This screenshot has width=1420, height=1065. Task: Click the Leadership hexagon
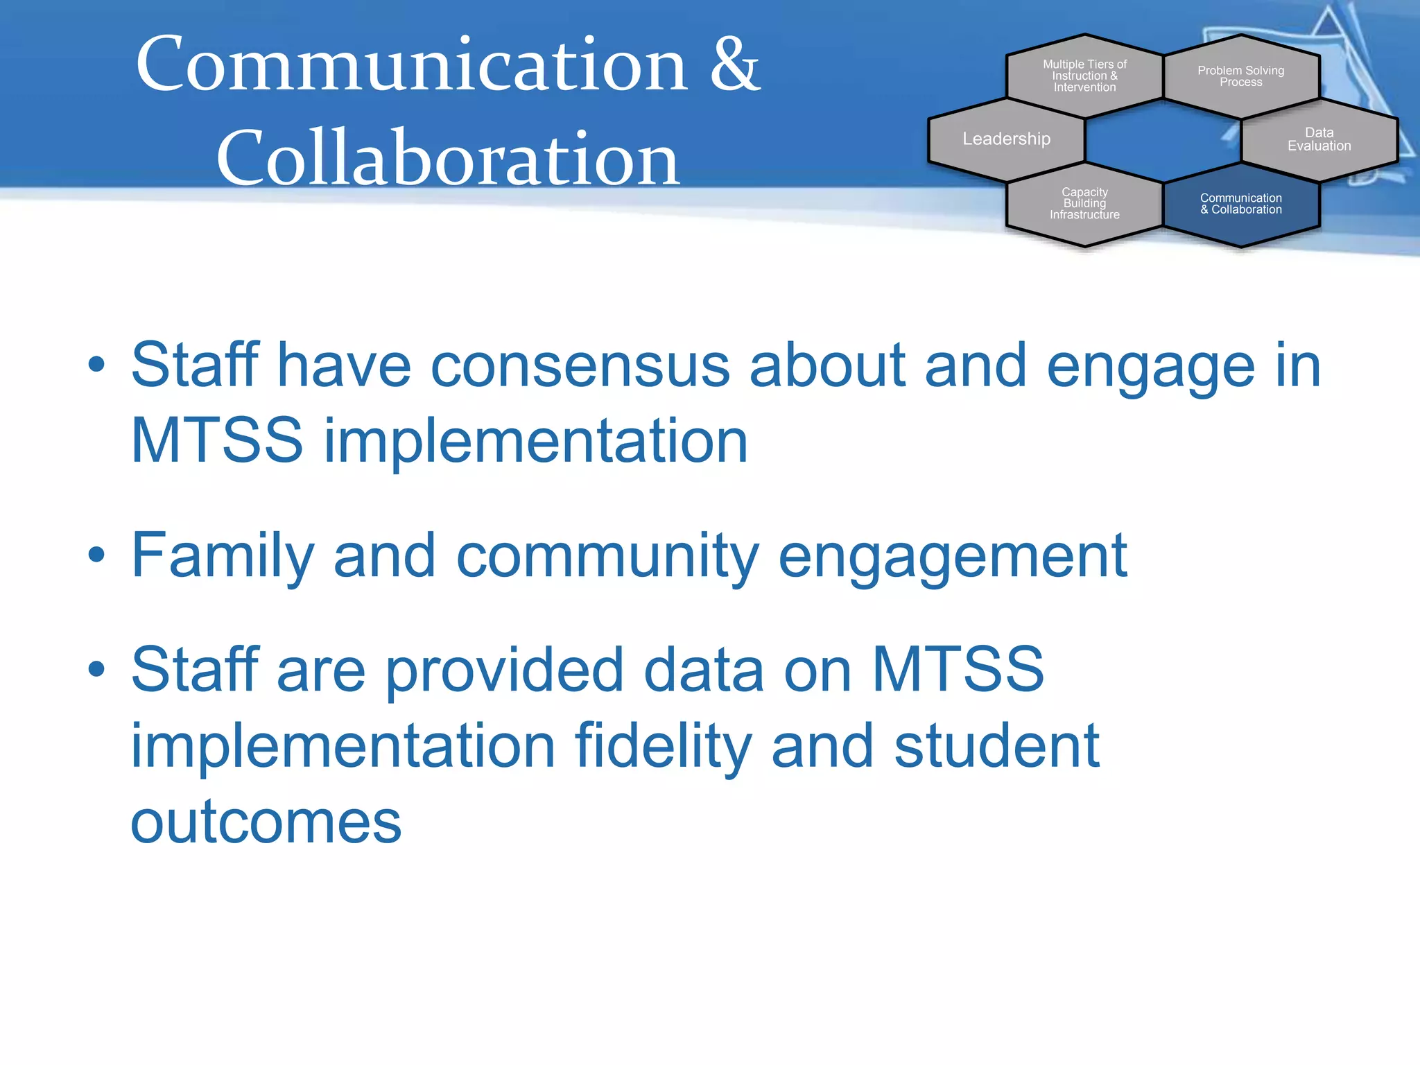point(1006,139)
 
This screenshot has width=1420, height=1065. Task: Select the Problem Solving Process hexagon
point(1240,76)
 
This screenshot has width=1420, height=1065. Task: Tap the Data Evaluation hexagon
point(1319,139)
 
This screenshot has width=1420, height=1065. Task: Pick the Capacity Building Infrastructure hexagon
point(1084,204)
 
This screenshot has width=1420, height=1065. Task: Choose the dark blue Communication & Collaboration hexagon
point(1240,204)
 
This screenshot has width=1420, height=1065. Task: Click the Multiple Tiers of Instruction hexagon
point(1084,76)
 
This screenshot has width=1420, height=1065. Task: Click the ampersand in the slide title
point(734,64)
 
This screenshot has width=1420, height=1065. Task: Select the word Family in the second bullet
point(223,555)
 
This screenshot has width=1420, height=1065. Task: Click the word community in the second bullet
point(607,555)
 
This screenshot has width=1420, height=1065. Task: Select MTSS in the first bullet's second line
point(217,440)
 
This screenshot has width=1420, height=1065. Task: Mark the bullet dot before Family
point(96,554)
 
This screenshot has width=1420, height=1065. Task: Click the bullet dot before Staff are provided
point(96,668)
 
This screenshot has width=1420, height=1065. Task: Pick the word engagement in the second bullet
point(953,555)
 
